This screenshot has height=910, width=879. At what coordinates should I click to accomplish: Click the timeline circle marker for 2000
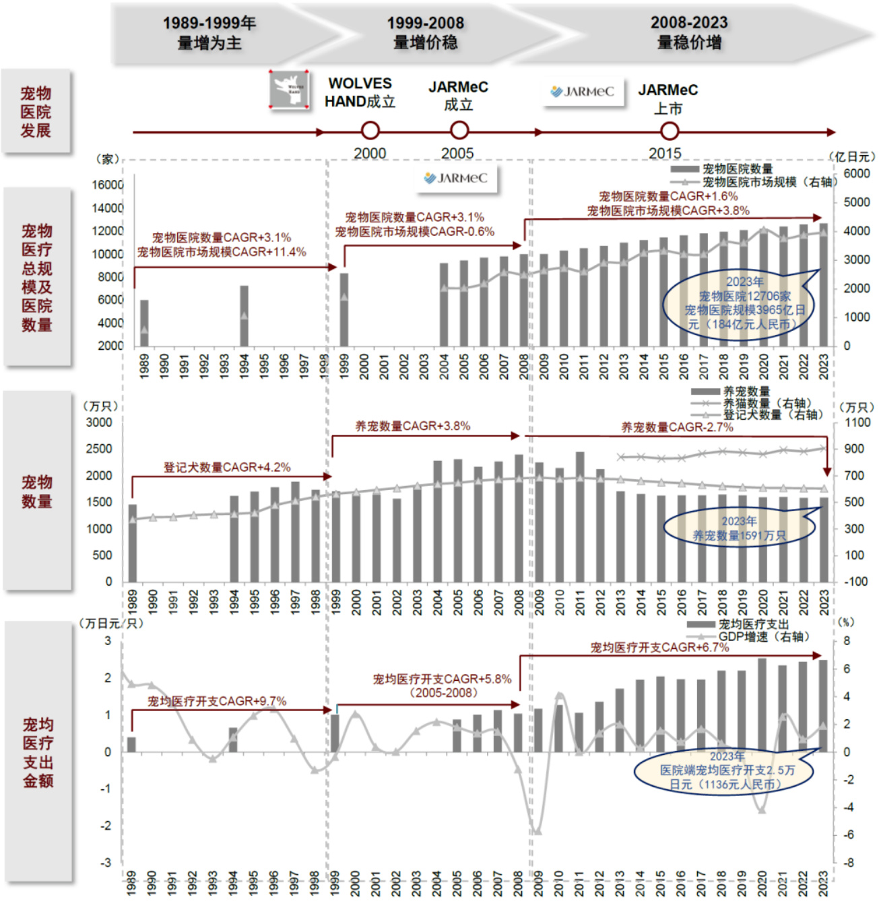pyautogui.click(x=370, y=131)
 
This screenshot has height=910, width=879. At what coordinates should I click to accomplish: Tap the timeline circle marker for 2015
pyautogui.click(x=669, y=131)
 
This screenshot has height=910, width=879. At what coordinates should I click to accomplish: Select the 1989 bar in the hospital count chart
pyautogui.click(x=144, y=322)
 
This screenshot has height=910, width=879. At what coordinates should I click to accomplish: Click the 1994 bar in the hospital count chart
pyautogui.click(x=244, y=315)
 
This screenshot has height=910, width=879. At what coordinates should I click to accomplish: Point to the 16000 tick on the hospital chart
pyautogui.click(x=108, y=185)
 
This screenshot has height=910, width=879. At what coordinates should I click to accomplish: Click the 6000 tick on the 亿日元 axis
pyautogui.click(x=856, y=173)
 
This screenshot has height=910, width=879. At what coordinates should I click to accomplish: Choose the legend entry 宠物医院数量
pyautogui.click(x=737, y=169)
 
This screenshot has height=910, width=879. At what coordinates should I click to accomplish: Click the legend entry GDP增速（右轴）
pyautogui.click(x=763, y=636)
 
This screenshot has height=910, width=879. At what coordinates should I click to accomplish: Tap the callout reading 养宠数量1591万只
pyautogui.click(x=739, y=528)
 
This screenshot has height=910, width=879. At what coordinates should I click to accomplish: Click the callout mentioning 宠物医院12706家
pyautogui.click(x=744, y=303)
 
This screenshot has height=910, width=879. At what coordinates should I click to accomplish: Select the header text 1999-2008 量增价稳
pyautogui.click(x=425, y=33)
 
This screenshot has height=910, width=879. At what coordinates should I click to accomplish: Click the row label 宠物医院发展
pyautogui.click(x=36, y=112)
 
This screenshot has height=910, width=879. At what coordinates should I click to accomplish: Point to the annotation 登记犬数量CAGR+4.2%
pyautogui.click(x=227, y=467)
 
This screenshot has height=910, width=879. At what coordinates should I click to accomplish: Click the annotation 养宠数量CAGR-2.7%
pyautogui.click(x=677, y=427)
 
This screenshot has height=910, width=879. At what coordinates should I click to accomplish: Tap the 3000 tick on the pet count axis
pyautogui.click(x=100, y=423)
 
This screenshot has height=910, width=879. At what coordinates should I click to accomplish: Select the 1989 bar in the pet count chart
pyautogui.click(x=133, y=543)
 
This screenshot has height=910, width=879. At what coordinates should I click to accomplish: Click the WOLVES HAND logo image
pyautogui.click(x=290, y=89)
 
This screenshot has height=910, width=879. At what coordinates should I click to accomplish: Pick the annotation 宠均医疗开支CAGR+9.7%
pyautogui.click(x=217, y=701)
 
